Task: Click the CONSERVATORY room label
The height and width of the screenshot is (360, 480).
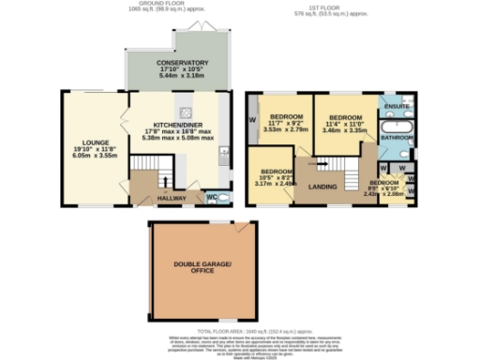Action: coord(183,63)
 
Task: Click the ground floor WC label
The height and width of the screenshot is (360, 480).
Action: coord(211,197)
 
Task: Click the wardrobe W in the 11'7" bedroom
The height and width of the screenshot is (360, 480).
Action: coord(253,122)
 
